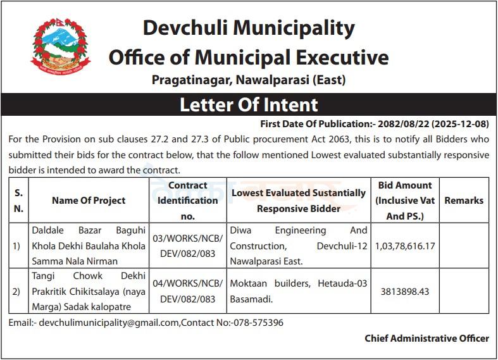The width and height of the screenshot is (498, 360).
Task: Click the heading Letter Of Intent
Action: pyautogui.click(x=249, y=104)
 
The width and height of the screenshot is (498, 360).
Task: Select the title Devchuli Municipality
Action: pyautogui.click(x=249, y=28)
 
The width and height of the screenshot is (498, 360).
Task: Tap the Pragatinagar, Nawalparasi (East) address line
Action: pyautogui.click(x=249, y=80)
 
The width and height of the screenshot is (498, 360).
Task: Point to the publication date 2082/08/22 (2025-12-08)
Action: pyautogui.click(x=433, y=123)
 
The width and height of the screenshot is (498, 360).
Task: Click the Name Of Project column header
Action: pyautogui.click(x=89, y=200)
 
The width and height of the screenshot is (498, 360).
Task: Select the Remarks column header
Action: pyautogui.click(x=464, y=200)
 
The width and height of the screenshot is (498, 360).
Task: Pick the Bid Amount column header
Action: pyautogui.click(x=404, y=200)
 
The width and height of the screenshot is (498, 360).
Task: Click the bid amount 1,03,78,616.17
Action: pyautogui.click(x=404, y=245)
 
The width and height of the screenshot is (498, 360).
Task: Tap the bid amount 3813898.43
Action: pyautogui.click(x=405, y=292)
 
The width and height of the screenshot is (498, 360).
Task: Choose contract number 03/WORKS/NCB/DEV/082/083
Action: pyautogui.click(x=189, y=245)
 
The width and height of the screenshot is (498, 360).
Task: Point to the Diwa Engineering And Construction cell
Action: pyautogui.click(x=299, y=245)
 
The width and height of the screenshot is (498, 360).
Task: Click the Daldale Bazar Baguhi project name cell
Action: pyautogui.click(x=89, y=245)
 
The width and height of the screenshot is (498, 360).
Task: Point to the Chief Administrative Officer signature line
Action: pyautogui.click(x=426, y=338)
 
